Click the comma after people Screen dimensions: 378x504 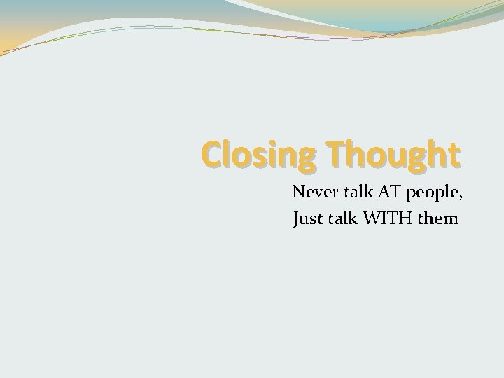click(455, 195)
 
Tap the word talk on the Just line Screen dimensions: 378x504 click(342, 219)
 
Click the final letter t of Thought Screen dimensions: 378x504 click(455, 153)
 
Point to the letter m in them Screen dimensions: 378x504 click(450, 220)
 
